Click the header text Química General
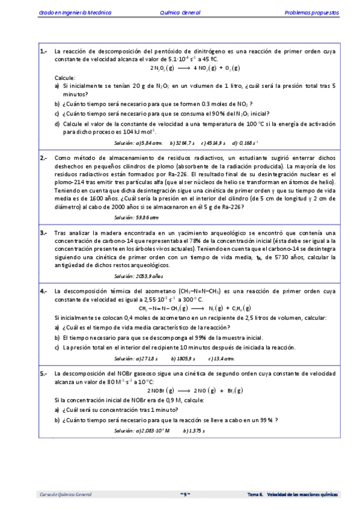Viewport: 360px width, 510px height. [x=180, y=12]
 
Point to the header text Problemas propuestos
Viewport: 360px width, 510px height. [x=311, y=12]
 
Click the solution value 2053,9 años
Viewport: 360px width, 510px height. [x=148, y=276]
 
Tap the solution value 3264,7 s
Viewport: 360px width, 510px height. [x=183, y=143]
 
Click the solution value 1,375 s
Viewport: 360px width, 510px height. [x=197, y=431]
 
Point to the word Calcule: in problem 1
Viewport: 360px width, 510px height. [x=65, y=78]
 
